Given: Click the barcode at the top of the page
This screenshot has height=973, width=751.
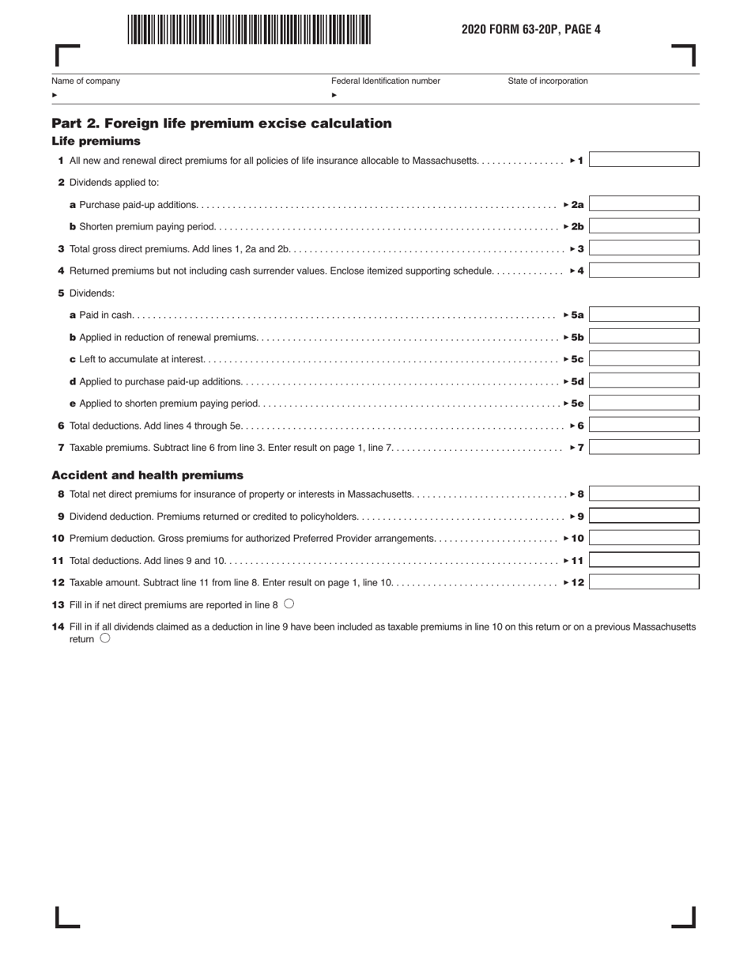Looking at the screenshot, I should pos(249,30).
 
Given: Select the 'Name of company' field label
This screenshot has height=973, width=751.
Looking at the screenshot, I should pos(86,81).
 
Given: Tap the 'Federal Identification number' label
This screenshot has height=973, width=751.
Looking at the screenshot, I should pos(386,81).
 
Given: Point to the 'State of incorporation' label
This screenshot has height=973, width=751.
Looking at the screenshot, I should pos(548,81).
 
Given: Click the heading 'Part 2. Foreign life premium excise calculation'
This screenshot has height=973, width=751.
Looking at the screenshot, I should pos(221,123).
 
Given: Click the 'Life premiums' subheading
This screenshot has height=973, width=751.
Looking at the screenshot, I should pos(96,142).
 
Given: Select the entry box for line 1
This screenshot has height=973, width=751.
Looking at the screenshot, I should pos(643,160).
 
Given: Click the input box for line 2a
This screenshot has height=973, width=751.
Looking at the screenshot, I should pos(643,204).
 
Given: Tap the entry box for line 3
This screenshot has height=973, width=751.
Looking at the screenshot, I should pos(643,248).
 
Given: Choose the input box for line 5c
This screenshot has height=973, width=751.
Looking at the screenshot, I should pos(643,359).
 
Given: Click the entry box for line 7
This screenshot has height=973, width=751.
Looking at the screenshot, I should pos(643,447).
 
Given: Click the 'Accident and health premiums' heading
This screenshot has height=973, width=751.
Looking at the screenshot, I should pos(147,475).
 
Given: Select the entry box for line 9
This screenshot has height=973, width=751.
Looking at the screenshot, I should pos(643,517).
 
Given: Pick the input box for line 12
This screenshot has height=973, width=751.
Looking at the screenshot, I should pos(643,582).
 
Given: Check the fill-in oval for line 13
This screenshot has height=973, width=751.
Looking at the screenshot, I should pos(289,604).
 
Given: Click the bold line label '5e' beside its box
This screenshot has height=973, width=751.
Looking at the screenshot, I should pos(577,403).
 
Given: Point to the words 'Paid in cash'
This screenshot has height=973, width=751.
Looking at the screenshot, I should pos(106,315).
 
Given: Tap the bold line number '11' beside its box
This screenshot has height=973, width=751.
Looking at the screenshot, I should pos(577,561).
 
